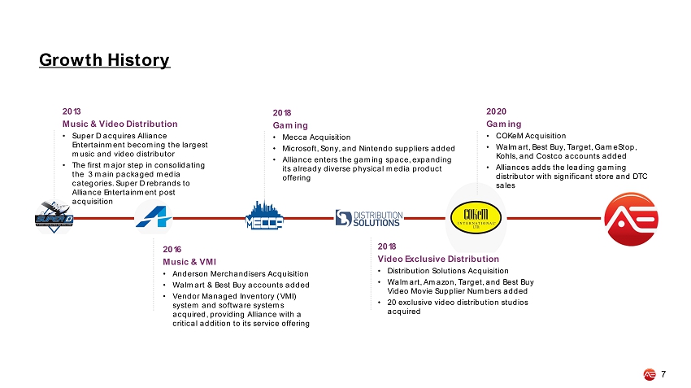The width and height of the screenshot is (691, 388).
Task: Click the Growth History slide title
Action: [104, 60]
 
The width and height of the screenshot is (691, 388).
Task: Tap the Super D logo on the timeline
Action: [54, 216]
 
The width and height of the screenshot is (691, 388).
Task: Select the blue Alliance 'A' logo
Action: [154, 216]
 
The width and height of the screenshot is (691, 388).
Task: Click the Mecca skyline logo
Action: [264, 216]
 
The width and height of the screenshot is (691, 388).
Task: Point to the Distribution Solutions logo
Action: [369, 218]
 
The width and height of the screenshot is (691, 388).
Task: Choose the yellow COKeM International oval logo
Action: [476, 217]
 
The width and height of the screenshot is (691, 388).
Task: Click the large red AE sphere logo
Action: [631, 219]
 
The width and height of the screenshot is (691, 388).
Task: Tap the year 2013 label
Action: [72, 111]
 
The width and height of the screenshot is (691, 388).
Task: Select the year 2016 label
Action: [172, 250]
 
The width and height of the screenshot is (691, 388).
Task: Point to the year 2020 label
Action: [496, 111]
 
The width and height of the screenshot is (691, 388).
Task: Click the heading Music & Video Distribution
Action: [120, 124]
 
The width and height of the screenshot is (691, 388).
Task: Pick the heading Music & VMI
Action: [189, 262]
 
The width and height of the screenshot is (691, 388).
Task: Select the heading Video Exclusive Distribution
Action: [438, 259]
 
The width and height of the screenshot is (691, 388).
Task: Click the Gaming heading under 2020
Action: [504, 124]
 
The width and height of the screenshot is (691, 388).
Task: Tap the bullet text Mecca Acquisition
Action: [316, 137]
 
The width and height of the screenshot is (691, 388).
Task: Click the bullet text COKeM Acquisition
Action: [531, 136]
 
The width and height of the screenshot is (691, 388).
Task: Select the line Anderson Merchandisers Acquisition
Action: [241, 274]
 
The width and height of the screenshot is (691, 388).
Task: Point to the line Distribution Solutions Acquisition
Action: [448, 271]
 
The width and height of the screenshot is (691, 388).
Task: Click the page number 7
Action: [663, 374]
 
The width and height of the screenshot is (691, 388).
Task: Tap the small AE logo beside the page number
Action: [650, 374]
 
